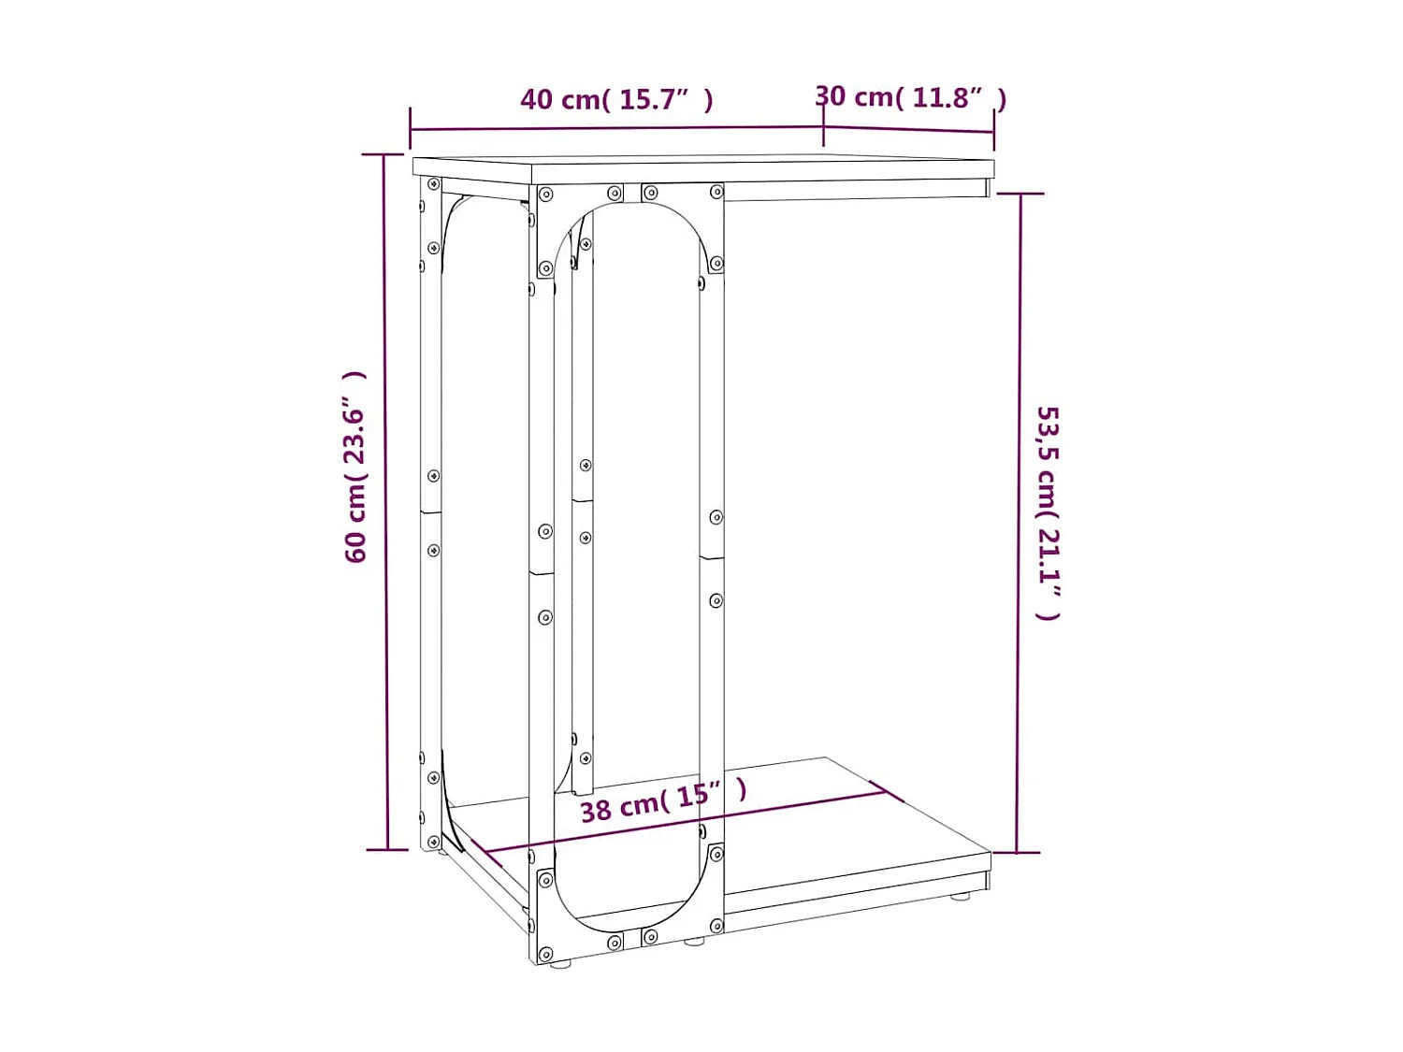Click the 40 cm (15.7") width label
coord(616,99)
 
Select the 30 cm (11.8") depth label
coord(910,97)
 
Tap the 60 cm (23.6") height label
coord(355,467)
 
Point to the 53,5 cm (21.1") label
coord(1048,512)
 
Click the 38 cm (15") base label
coord(663,801)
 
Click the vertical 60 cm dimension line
coord(385,505)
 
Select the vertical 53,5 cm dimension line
coord(1019,524)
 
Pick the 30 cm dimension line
coord(908,129)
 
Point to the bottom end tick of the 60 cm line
coord(386,849)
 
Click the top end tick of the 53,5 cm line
coord(1020,194)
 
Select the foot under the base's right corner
coord(961,896)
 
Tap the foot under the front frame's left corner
coord(560,962)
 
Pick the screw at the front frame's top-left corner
coord(546,195)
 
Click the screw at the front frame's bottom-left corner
coord(546,880)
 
